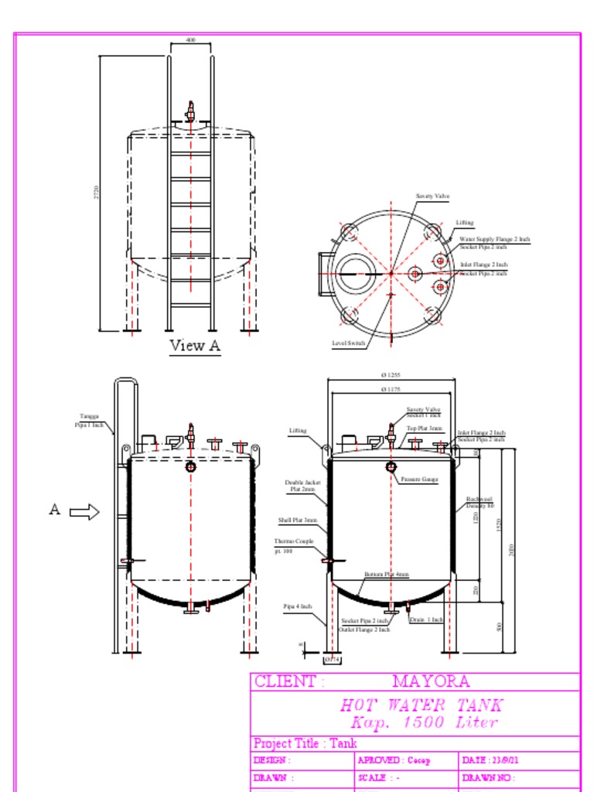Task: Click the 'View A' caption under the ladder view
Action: pyautogui.click(x=195, y=346)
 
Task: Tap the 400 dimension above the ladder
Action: pyautogui.click(x=191, y=39)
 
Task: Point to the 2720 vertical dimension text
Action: pyautogui.click(x=97, y=192)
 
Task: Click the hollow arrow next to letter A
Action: pyautogui.click(x=84, y=511)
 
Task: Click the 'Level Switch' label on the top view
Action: pyautogui.click(x=348, y=343)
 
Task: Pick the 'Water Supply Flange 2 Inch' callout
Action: pyautogui.click(x=494, y=240)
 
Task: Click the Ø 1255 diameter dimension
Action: pyautogui.click(x=391, y=375)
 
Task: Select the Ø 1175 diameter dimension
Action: pyautogui.click(x=391, y=389)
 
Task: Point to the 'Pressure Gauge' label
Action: pyautogui.click(x=419, y=480)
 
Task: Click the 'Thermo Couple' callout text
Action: pyautogui.click(x=294, y=541)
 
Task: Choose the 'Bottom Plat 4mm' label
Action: pyautogui.click(x=387, y=575)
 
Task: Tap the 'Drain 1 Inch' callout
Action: pyautogui.click(x=426, y=620)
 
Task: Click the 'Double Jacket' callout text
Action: pyautogui.click(x=302, y=483)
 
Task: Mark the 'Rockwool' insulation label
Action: pyautogui.click(x=480, y=500)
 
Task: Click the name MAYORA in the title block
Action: pyautogui.click(x=430, y=681)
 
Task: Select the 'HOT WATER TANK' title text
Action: pyautogui.click(x=422, y=705)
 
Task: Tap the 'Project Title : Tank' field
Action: pyautogui.click(x=305, y=743)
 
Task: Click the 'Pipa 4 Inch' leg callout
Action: pyautogui.click(x=297, y=606)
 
